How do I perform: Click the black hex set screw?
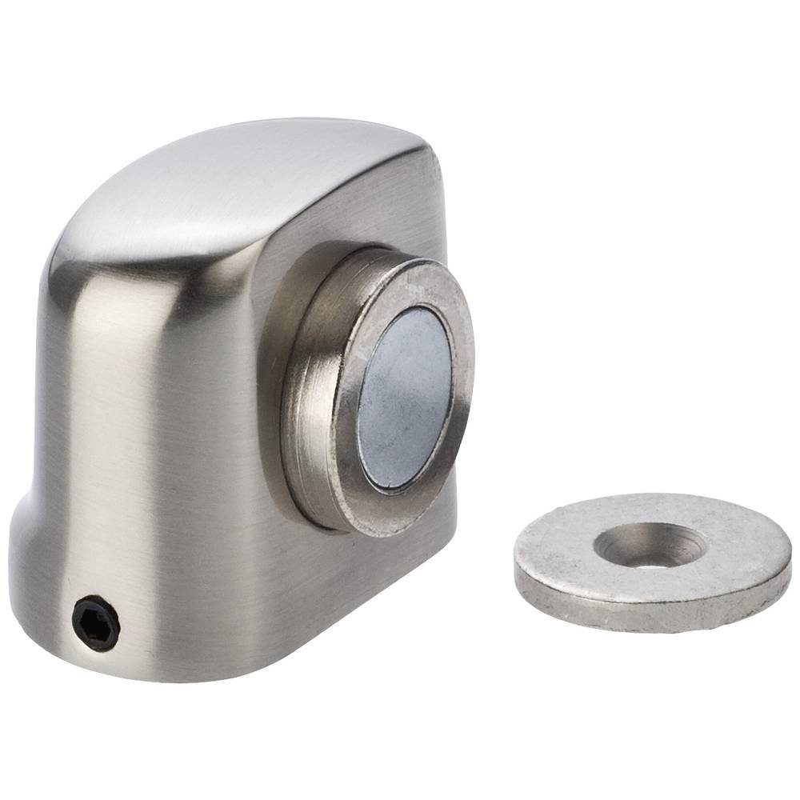pos(96,621)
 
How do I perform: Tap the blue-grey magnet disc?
pos(405,398)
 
